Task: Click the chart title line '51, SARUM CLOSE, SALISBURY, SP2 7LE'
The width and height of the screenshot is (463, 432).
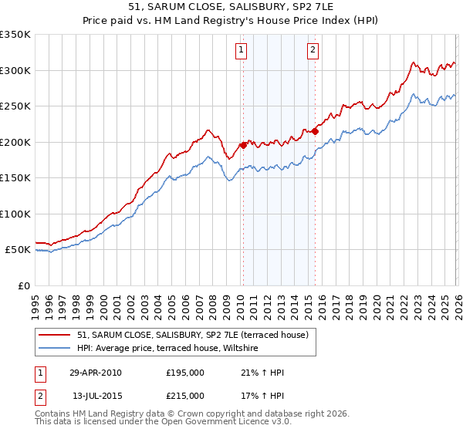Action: [231, 8]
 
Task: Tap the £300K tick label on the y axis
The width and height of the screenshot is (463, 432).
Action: [15, 70]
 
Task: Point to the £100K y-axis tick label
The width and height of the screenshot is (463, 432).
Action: [15, 214]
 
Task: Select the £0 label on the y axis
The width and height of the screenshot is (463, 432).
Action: [23, 285]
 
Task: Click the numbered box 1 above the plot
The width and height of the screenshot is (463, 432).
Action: [242, 51]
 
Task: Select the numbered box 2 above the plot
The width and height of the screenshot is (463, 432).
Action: [313, 51]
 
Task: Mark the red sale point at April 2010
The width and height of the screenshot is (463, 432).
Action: [243, 145]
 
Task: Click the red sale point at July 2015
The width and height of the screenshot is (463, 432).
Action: [315, 131]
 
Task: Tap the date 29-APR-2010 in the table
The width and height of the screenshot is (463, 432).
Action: [95, 373]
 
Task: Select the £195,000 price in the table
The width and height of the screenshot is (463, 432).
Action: [185, 373]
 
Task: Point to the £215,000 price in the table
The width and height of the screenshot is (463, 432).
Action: [185, 395]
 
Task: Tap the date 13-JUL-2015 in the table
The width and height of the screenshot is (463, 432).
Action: [95, 395]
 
